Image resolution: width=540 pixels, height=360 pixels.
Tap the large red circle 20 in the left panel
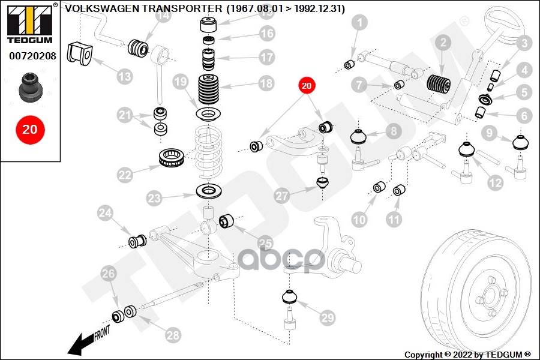point(30,129)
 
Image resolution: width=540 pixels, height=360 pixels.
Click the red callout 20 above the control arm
point(306,86)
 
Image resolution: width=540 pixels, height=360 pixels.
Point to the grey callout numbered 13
point(124,76)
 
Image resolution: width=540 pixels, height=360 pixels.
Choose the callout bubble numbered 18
point(266,83)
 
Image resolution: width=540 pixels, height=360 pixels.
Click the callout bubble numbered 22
point(125,175)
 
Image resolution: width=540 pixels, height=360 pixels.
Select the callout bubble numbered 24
point(105,212)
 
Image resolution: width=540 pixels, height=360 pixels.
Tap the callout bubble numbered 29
point(326,317)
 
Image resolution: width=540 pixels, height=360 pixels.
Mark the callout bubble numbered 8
point(393,130)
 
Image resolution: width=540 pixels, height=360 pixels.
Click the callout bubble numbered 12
point(495,182)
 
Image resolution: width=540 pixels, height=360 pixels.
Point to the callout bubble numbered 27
point(282,196)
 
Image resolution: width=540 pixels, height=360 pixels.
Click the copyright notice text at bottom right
point(468,355)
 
